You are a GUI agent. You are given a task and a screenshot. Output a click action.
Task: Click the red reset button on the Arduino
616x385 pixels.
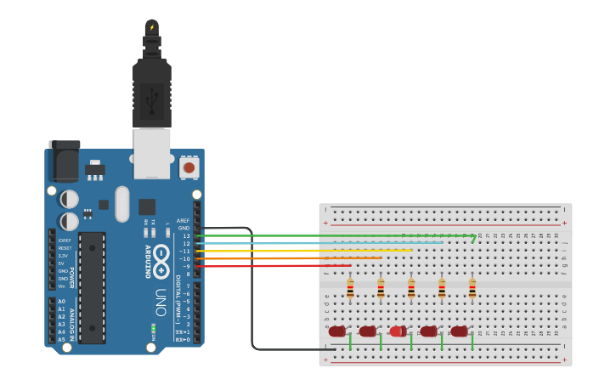tap(189, 167)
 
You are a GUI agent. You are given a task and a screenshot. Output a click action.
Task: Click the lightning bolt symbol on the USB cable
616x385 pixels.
tap(152, 28)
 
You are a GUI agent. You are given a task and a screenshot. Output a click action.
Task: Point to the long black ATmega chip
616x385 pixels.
tap(92, 287)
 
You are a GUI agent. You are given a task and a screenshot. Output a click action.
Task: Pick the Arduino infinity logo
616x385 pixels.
tap(162, 253)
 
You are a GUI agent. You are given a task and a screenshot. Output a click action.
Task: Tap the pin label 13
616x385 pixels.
tap(185, 235)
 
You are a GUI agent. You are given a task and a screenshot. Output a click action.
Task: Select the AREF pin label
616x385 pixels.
tap(183, 220)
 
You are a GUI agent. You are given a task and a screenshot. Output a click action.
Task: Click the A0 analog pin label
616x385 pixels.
tap(61, 301)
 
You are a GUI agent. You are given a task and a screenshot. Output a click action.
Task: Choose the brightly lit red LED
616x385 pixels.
tap(397, 331)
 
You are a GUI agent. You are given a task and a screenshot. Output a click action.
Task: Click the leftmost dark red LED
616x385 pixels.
tap(337, 331)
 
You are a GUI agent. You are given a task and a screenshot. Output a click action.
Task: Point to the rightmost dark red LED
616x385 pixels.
tap(459, 331)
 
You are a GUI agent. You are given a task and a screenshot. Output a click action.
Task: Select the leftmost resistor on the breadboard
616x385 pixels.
tap(350, 289)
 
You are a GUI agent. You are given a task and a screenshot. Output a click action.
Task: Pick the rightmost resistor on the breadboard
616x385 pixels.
tap(472, 289)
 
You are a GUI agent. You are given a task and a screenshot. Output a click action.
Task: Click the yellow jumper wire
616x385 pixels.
tap(306, 251)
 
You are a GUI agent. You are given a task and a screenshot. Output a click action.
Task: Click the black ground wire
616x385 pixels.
tap(251, 289)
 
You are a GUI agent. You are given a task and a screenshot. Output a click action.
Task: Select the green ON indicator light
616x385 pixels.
tap(153, 328)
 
